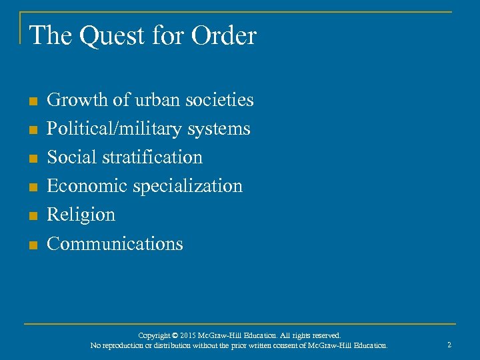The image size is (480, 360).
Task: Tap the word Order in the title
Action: pos(223,36)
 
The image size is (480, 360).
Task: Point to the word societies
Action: pos(219,100)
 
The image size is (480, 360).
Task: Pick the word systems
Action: pos(219,129)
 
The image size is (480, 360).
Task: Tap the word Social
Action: pos(73,157)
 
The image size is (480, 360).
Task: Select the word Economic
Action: pos(87,186)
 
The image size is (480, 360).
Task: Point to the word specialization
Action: pos(188,186)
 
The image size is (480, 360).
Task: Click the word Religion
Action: pos(81,215)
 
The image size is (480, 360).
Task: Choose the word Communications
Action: pos(115,243)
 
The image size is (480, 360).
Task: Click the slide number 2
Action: pos(449,345)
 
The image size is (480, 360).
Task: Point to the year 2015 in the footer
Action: pos(187,335)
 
